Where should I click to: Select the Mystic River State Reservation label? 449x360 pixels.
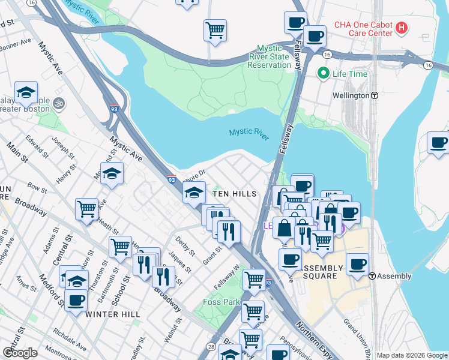[x=274, y=56]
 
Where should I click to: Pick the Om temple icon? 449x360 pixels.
[x=59, y=104]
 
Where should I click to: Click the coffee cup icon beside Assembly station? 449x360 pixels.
[x=357, y=264]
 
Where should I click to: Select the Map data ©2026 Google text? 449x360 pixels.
[x=412, y=355]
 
